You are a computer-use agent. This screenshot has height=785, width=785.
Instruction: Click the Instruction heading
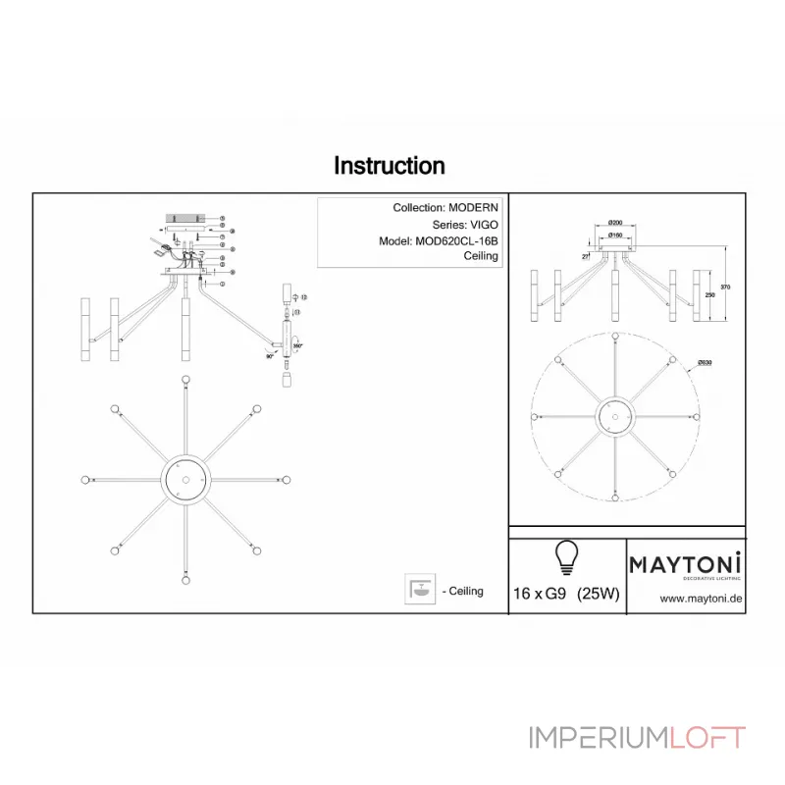390,166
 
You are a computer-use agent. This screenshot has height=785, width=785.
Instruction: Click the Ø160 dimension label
616,235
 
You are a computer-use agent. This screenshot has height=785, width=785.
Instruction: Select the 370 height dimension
726,287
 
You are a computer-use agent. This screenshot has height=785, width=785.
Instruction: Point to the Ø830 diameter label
705,363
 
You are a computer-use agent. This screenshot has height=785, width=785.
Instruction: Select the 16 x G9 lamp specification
539,594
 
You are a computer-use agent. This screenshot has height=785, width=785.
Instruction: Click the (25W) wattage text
598,594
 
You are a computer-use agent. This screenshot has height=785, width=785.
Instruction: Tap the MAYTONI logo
685,565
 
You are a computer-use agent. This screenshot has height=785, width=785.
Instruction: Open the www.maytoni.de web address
700,598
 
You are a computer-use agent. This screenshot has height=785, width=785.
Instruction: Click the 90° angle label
270,357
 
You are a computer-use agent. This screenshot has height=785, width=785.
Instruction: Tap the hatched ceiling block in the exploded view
186,217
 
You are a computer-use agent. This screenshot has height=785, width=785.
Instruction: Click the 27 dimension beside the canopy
586,255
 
